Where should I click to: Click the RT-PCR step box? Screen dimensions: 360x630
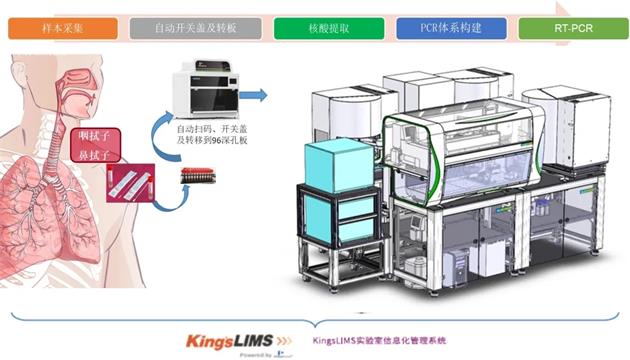point(573,28)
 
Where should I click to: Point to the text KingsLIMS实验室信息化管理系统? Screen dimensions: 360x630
point(379,340)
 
